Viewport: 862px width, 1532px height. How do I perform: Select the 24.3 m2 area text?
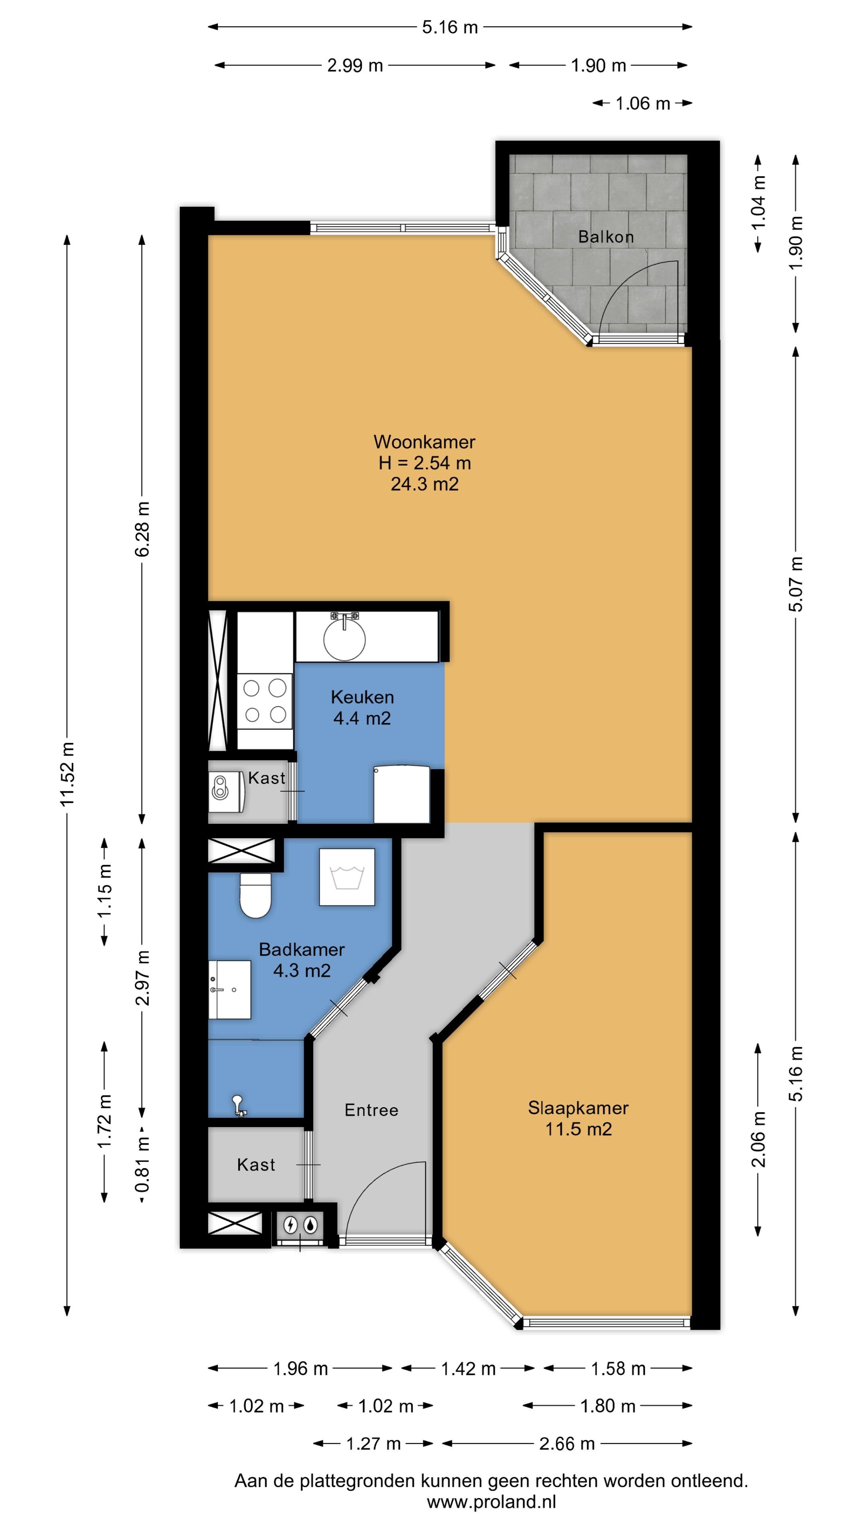424,484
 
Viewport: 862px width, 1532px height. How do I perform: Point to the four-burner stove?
265,701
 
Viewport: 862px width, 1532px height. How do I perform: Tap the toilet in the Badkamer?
255,895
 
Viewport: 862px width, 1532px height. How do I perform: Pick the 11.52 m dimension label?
67,774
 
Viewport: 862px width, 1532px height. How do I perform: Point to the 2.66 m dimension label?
567,1443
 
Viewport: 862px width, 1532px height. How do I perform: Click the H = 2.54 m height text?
424,463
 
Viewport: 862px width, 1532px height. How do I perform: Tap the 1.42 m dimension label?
468,1368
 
